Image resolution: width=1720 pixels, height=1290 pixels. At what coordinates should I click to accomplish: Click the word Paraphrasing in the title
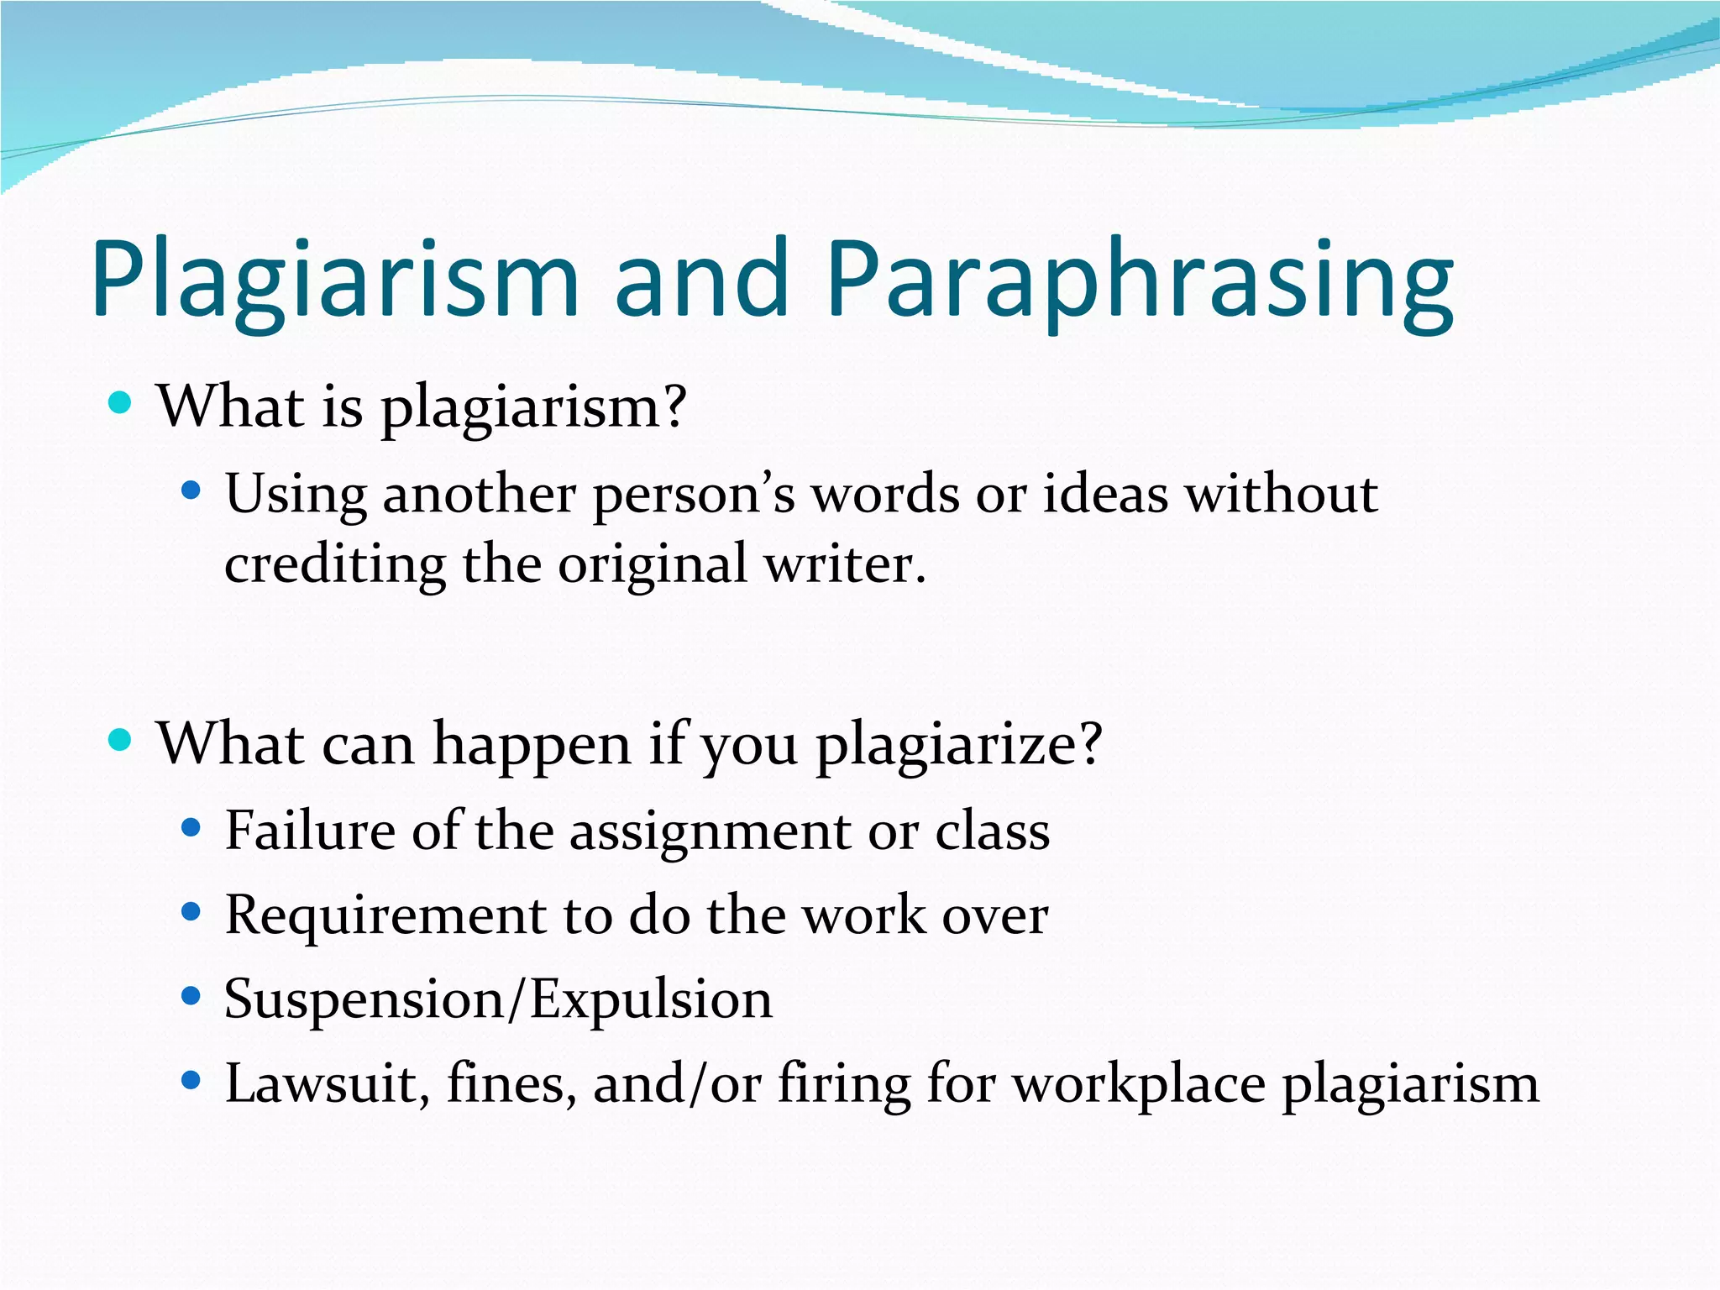click(x=1140, y=279)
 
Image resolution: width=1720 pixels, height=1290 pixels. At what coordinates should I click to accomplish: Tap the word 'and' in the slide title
click(x=701, y=279)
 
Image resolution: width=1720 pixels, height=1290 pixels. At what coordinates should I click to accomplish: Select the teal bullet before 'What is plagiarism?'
click(x=121, y=402)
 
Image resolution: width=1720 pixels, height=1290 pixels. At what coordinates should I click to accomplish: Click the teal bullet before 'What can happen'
click(x=121, y=740)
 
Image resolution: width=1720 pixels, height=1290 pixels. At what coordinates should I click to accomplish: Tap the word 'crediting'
click(x=334, y=564)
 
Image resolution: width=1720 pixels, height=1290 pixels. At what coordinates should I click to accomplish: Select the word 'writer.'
click(x=844, y=564)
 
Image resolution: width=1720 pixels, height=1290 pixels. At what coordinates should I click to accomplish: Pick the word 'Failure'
click(x=309, y=831)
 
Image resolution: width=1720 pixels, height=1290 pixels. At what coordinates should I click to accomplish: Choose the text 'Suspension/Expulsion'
click(x=498, y=1000)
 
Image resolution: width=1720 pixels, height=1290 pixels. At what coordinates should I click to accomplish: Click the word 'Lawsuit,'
click(x=328, y=1084)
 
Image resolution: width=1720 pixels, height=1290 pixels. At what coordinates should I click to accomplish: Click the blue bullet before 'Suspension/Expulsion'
click(x=191, y=996)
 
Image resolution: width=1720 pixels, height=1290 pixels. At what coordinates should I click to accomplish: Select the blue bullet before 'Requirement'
click(x=191, y=911)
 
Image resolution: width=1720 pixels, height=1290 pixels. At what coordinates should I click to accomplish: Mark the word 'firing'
click(x=844, y=1084)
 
